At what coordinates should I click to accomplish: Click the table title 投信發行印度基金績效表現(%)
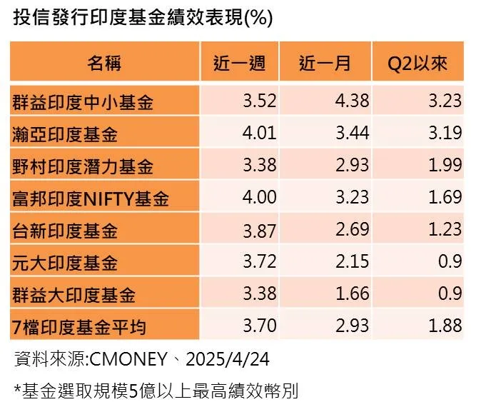[143, 18]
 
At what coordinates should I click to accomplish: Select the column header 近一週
[240, 63]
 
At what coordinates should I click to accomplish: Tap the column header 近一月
[325, 63]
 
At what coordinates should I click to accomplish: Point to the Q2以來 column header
[417, 63]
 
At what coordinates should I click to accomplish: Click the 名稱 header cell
[104, 63]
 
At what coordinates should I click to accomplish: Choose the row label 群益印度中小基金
[83, 101]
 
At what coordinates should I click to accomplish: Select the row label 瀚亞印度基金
[65, 134]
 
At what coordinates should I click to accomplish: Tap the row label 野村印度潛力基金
[83, 166]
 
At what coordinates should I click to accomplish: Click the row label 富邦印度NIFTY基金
[91, 199]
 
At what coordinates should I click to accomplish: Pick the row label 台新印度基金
[65, 231]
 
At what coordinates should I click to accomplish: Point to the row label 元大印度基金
[65, 263]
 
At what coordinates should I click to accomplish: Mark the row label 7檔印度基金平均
[79, 327]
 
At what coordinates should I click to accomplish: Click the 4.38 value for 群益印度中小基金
[352, 101]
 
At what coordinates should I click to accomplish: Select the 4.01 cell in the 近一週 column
[259, 134]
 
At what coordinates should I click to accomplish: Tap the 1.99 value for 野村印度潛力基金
[445, 166]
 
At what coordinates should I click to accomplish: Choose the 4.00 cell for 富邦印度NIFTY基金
[259, 199]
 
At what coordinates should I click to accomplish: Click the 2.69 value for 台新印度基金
[352, 231]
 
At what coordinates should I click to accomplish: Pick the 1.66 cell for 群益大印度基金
[352, 295]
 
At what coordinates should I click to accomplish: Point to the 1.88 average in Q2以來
[445, 327]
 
